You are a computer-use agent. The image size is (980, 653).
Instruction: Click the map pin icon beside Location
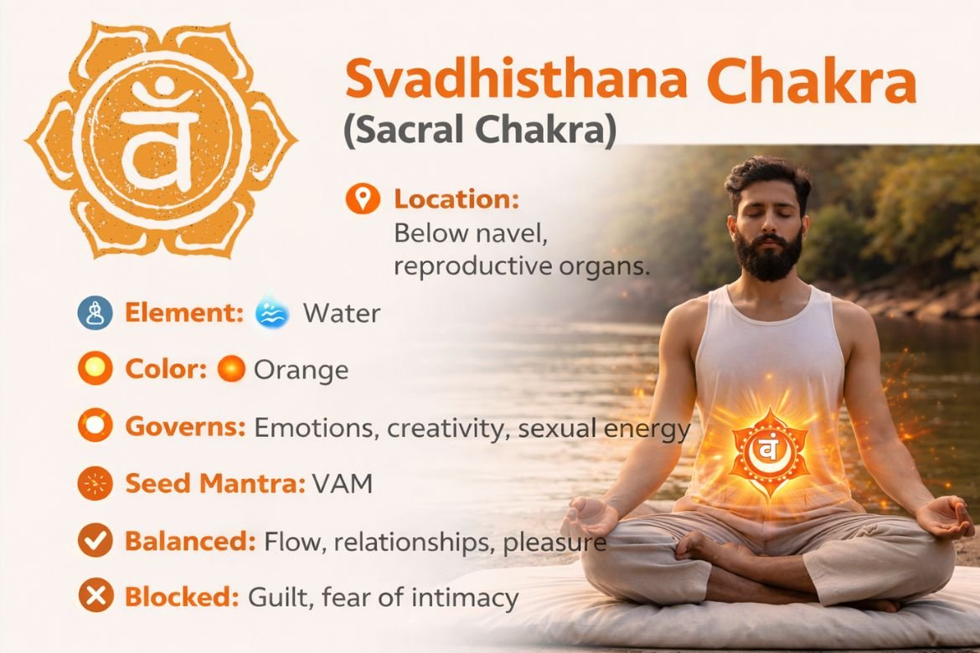click(362, 200)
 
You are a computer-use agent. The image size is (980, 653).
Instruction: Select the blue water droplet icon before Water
click(272, 314)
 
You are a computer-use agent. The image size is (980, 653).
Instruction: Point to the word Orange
click(301, 369)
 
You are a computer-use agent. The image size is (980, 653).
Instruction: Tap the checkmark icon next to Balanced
click(95, 541)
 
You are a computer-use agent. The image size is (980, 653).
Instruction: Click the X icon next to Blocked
click(95, 598)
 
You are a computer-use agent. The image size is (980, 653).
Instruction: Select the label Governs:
click(185, 427)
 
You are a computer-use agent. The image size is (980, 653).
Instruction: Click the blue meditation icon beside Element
click(95, 314)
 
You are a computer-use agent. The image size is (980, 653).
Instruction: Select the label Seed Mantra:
click(214, 484)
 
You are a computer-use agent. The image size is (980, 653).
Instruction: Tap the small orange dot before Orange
click(231, 369)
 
